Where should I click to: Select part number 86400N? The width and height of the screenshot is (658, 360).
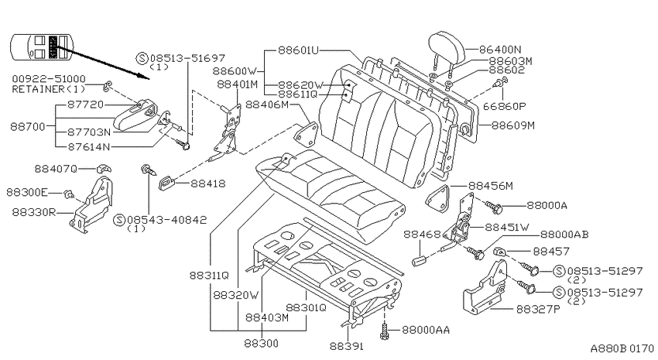pos(500,50)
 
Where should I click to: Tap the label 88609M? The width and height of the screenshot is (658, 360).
pos(513,125)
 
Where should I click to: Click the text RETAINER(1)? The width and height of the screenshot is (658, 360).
pos(49,89)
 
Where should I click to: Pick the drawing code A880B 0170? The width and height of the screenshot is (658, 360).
pos(622,348)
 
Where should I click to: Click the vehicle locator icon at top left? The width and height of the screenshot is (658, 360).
pos(42,46)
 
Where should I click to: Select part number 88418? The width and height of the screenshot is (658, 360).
pos(208,183)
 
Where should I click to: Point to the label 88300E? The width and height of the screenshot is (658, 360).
pos(27,193)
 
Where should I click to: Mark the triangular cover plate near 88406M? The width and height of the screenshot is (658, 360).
pos(307,132)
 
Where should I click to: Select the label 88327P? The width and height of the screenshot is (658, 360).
pos(539,310)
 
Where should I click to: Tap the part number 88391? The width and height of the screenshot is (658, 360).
pos(347,346)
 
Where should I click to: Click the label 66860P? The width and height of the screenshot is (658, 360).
pos(505,107)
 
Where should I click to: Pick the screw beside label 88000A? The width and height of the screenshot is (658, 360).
pos(494,206)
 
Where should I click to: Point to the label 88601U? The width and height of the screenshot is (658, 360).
pos(298,50)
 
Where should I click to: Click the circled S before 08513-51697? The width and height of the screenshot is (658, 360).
pos(142,58)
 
